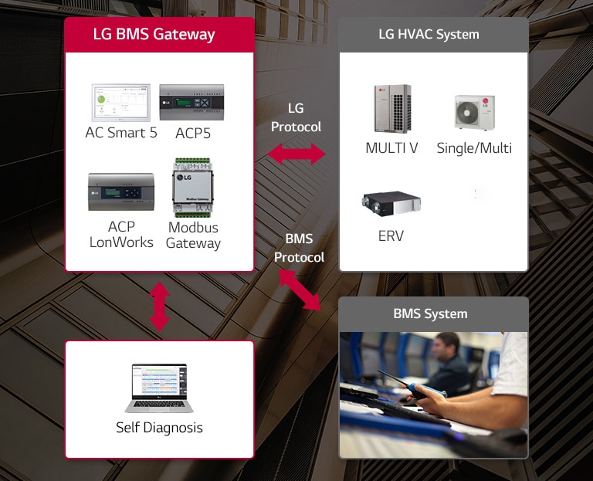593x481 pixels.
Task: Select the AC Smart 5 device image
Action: [120, 103]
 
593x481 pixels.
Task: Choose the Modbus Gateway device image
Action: [193, 188]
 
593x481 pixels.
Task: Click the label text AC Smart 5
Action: [121, 133]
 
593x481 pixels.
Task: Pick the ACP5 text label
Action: [193, 133]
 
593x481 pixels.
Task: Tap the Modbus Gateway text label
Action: [193, 235]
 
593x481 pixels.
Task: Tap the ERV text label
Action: [391, 235]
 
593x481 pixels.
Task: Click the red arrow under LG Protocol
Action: [296, 154]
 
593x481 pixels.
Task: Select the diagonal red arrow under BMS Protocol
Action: [299, 289]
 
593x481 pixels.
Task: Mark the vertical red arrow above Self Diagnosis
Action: [159, 307]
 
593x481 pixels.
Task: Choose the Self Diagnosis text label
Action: [159, 427]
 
